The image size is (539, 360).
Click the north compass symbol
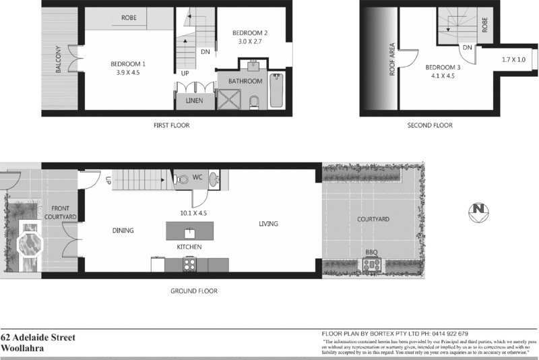pyautogui.click(x=477, y=210)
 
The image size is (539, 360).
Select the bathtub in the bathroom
pyautogui.click(x=277, y=93)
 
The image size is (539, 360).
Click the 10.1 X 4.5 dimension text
pyautogui.click(x=193, y=212)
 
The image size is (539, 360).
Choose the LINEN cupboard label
pyautogui.click(x=194, y=101)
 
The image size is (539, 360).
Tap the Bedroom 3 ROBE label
pyautogui.click(x=485, y=26)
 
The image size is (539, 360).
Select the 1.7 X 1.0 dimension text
pyautogui.click(x=514, y=60)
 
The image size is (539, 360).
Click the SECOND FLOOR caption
pyautogui.click(x=430, y=125)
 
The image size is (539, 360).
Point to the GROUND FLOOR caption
pyautogui.click(x=195, y=291)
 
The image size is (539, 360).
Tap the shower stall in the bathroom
pyautogui.click(x=228, y=100)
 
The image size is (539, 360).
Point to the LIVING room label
pyautogui.click(x=268, y=224)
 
